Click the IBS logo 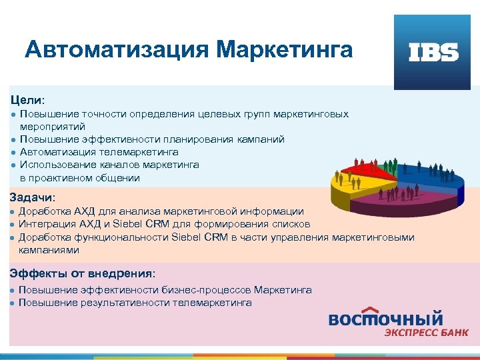click(433, 52)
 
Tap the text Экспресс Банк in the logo click(425, 333)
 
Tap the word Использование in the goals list click(53, 165)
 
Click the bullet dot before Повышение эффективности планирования click(13, 140)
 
